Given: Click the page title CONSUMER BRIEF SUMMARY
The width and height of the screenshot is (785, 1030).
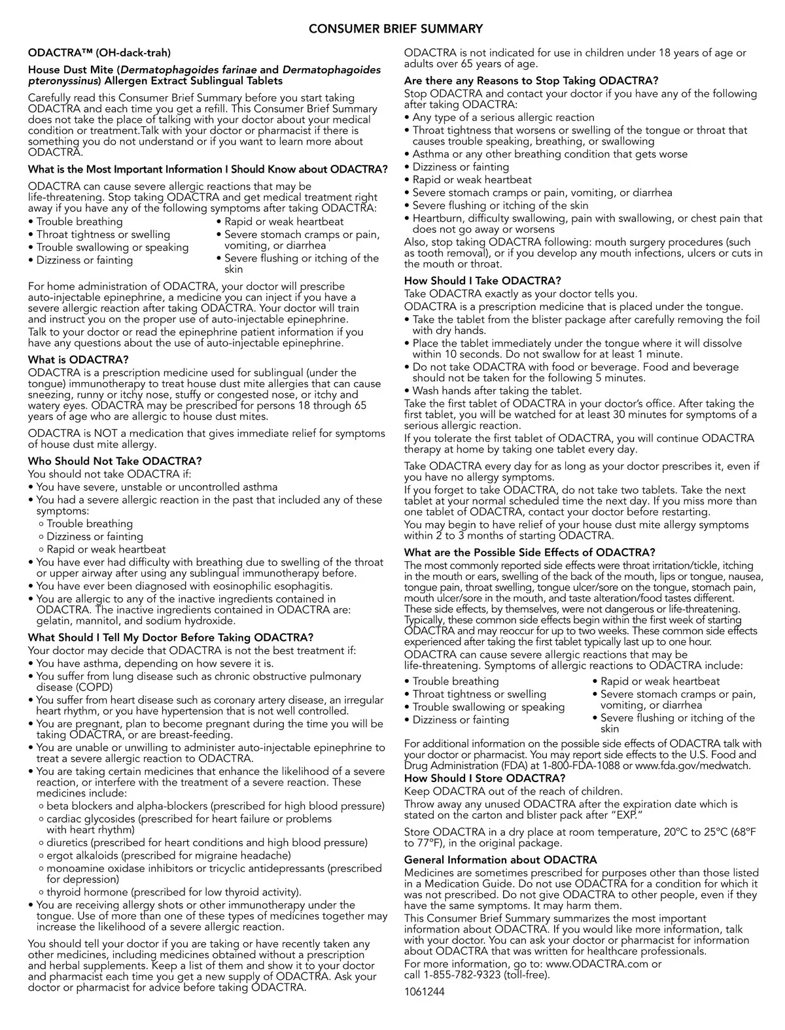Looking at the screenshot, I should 395,29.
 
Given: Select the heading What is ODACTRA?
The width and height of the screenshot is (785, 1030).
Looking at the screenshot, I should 78,360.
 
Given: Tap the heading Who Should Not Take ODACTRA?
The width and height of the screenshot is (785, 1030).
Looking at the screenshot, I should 114,461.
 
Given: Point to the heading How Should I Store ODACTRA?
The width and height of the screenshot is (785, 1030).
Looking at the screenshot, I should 484,778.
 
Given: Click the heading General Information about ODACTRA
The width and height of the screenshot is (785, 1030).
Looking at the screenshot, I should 500,860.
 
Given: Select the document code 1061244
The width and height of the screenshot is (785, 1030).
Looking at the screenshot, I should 424,992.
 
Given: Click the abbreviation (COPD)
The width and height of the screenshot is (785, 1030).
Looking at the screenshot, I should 93,687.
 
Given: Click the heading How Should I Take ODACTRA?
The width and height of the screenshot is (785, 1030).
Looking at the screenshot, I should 482,281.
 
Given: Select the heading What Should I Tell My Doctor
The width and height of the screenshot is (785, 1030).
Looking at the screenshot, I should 170,638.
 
